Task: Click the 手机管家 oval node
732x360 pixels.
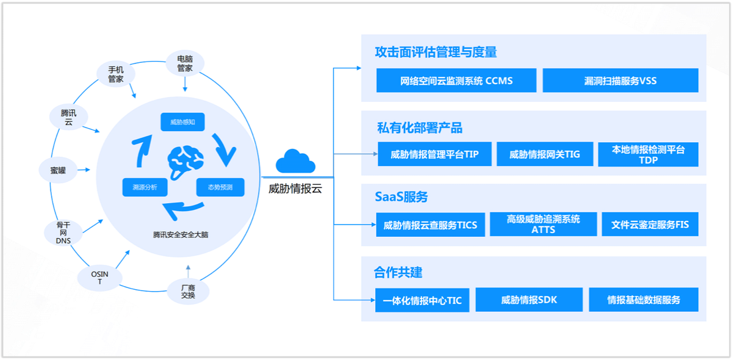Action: coord(116,74)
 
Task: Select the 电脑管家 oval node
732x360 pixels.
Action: coord(185,63)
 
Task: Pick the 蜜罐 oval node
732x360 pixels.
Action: coord(58,170)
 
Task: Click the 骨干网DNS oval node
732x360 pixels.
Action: coord(63,232)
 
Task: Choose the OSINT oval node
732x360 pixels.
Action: coord(99,278)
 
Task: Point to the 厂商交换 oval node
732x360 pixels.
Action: coord(188,291)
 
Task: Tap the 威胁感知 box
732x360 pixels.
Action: coord(182,122)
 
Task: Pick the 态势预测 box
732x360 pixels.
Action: coord(220,187)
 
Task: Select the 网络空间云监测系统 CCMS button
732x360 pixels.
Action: coord(456,81)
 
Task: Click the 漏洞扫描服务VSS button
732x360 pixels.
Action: coord(620,81)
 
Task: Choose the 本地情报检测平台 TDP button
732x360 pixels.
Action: coord(648,154)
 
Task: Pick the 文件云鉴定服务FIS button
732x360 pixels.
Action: coord(650,225)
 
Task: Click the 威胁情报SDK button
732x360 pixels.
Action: coord(529,300)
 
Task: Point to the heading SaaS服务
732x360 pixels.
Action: coord(401,196)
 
